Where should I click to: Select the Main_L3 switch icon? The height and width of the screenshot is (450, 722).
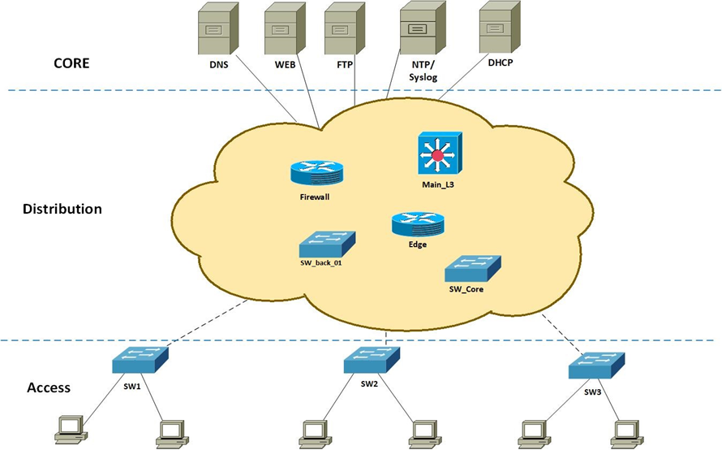tap(439, 154)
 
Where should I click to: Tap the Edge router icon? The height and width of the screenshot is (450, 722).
tap(418, 224)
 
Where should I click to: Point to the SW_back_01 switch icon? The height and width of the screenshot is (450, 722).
tap(328, 242)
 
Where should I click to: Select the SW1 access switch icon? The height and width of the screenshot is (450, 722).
tap(140, 359)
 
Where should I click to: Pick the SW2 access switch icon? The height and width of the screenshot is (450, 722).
tap(371, 359)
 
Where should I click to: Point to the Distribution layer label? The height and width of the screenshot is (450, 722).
tap(62, 209)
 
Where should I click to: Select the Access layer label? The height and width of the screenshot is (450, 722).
tap(49, 387)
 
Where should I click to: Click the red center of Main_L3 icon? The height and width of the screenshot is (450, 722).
tap(439, 154)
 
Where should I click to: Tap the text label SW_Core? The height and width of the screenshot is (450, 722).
tap(466, 288)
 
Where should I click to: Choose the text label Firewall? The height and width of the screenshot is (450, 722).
tap(315, 196)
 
